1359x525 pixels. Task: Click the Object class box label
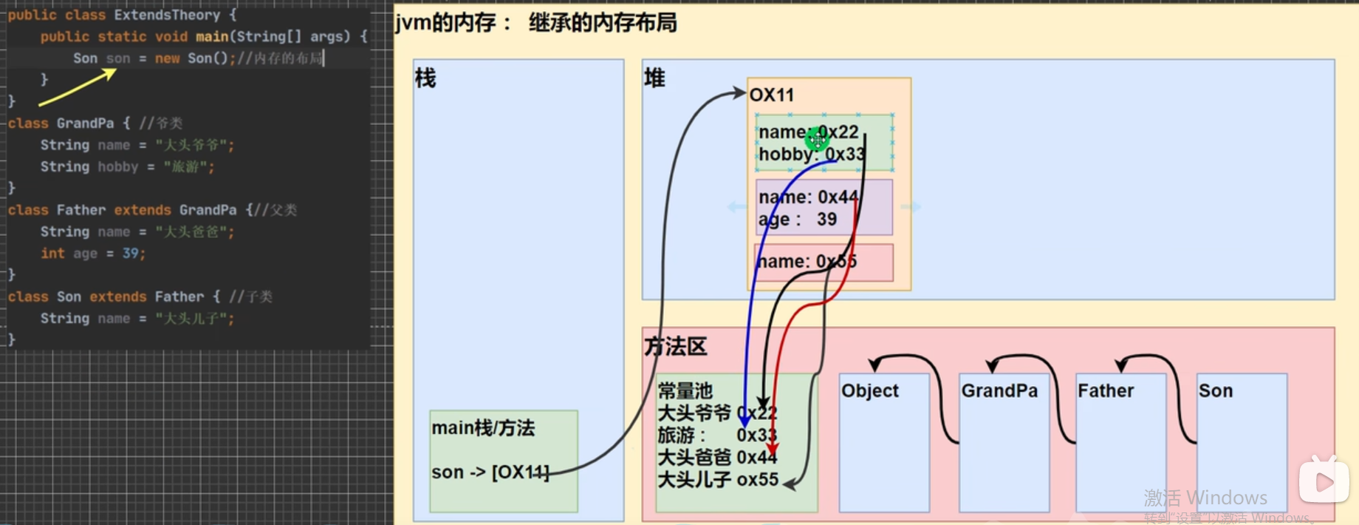pyautogui.click(x=869, y=390)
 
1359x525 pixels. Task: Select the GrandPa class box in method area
pyautogui.click(x=1004, y=441)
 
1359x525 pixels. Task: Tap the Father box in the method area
pyautogui.click(x=1120, y=441)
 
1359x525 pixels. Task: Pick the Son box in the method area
pyautogui.click(x=1242, y=441)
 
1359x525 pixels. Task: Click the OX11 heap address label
pyautogui.click(x=772, y=95)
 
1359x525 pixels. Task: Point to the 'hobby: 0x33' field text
pyautogui.click(x=810, y=154)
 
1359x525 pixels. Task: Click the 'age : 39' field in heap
pyautogui.click(x=798, y=220)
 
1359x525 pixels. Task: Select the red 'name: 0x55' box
pyautogui.click(x=824, y=262)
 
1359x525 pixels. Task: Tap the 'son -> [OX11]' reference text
pyautogui.click(x=490, y=472)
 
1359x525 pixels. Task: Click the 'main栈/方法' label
pyautogui.click(x=483, y=427)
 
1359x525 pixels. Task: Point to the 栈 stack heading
pyautogui.click(x=425, y=78)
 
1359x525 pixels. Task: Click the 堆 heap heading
pyautogui.click(x=654, y=78)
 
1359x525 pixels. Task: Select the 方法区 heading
pyautogui.click(x=675, y=346)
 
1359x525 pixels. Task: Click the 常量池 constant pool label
pyautogui.click(x=685, y=390)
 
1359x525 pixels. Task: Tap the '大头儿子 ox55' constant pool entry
pyautogui.click(x=717, y=479)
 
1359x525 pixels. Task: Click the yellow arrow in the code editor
pyautogui.click(x=78, y=87)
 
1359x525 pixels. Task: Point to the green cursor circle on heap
pyautogui.click(x=817, y=138)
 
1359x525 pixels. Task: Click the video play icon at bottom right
pyautogui.click(x=1324, y=481)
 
